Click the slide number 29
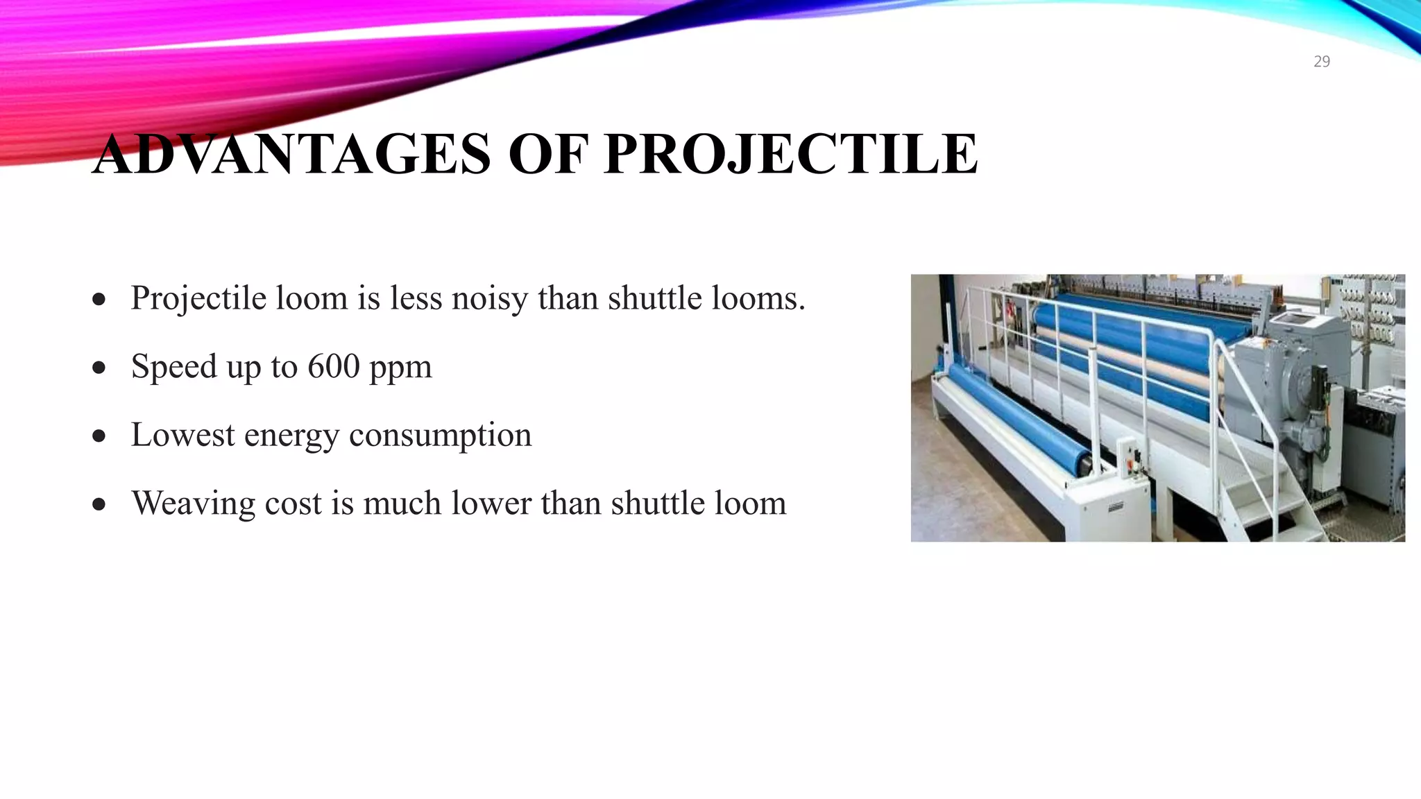(x=1322, y=62)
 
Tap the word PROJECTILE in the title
(x=791, y=154)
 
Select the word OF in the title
(x=548, y=154)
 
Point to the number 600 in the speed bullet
(x=334, y=366)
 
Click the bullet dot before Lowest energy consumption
(x=99, y=436)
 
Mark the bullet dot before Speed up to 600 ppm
(x=99, y=368)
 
